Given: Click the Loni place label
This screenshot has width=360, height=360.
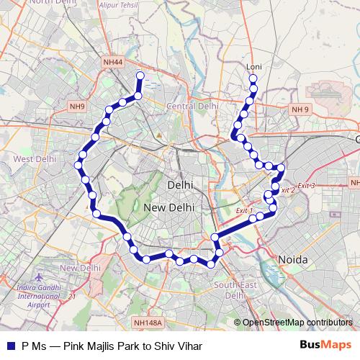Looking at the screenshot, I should (x=253, y=67).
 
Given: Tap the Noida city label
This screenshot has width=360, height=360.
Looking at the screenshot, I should (x=293, y=259).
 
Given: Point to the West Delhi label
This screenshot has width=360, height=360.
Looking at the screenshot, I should (x=30, y=158).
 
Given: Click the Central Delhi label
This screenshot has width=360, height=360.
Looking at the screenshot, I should (x=192, y=106).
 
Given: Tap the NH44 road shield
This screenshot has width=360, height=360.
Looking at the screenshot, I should (x=114, y=63).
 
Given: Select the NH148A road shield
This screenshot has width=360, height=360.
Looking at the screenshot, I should (x=148, y=324).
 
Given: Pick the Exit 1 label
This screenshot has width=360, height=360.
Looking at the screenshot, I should (x=246, y=210).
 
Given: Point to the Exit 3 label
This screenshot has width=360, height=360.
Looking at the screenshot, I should (x=307, y=185).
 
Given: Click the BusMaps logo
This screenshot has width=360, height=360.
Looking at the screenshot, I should (x=325, y=346).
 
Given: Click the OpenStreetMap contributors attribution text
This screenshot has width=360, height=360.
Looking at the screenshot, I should (x=297, y=323).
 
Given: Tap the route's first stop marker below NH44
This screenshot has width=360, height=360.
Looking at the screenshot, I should (x=140, y=76).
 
